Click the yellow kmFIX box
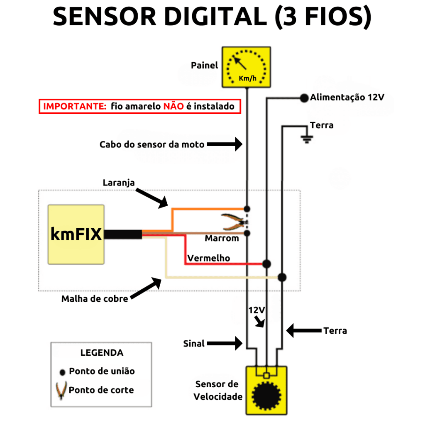point(76,234)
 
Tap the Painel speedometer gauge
point(247,67)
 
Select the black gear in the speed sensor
point(266,394)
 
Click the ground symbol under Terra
point(307,139)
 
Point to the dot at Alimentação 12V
point(304,98)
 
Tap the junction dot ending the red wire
point(267,264)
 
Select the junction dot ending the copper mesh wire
point(282,277)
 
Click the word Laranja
point(119,183)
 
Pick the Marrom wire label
point(222,238)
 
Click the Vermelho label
point(208,258)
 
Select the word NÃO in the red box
point(173,106)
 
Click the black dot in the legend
point(62,372)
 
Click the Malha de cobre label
point(95,298)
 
